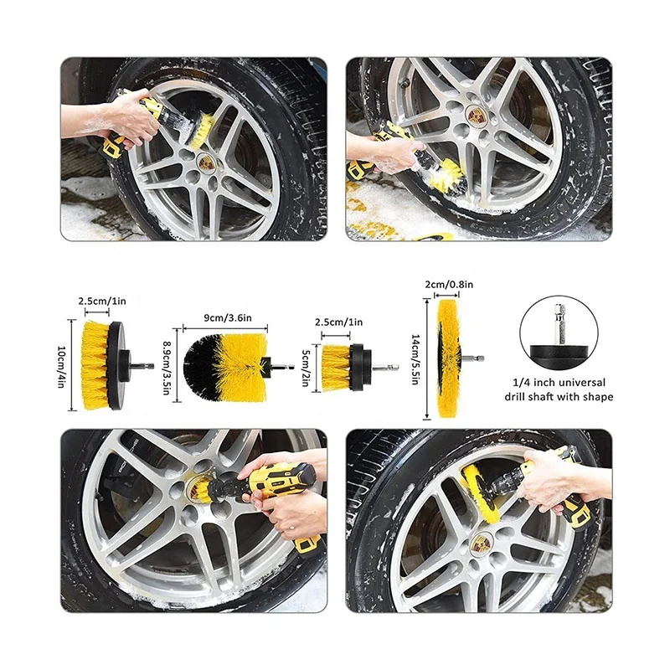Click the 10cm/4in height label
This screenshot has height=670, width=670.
click(61, 366)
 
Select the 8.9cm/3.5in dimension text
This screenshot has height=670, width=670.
click(167, 367)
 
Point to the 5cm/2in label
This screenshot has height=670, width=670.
click(306, 368)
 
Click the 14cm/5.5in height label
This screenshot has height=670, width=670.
click(415, 359)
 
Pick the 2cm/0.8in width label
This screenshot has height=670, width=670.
click(449, 284)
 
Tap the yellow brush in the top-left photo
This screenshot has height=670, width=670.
click(201, 131)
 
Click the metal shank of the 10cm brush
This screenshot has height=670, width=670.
click(142, 367)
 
